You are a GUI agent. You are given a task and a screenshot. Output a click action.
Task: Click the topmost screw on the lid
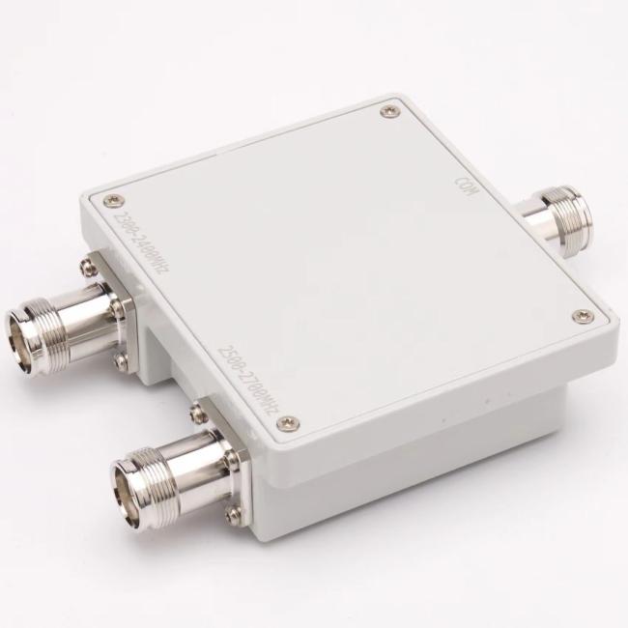coord(388,112)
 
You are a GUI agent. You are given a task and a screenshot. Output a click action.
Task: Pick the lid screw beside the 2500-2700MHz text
coord(296,420)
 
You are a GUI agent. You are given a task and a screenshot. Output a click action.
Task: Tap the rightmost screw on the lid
coord(581,315)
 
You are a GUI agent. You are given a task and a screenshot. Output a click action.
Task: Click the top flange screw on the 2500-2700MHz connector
coord(197,414)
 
